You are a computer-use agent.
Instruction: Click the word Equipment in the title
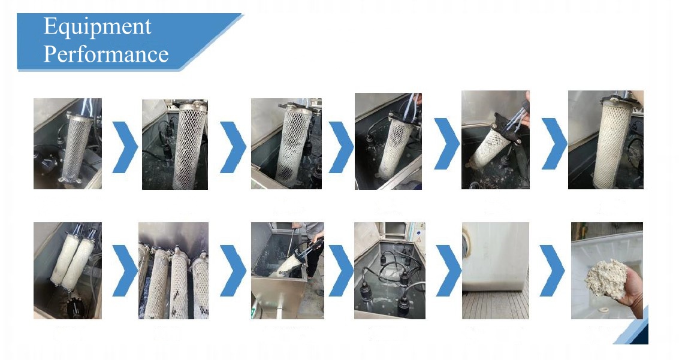tap(98, 27)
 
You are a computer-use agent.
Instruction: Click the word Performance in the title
tap(106, 55)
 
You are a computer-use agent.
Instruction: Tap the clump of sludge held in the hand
tap(606, 278)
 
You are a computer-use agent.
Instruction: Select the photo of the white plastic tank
tap(496, 270)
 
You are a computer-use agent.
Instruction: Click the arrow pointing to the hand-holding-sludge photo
tap(552, 270)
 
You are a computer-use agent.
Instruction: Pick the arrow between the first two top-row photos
tap(125, 147)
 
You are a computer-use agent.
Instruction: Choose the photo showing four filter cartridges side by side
tap(173, 270)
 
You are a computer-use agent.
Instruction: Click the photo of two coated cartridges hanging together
tap(68, 270)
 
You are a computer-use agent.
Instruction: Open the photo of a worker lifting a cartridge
tap(288, 270)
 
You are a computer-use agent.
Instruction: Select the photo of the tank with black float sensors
tap(390, 270)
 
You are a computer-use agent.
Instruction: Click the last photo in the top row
tap(606, 140)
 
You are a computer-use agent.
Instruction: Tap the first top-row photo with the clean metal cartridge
tap(68, 144)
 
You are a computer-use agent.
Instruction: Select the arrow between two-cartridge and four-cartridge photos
tap(125, 270)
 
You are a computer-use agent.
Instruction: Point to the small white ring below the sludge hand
tap(603, 310)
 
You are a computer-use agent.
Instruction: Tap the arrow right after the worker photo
tap(341, 270)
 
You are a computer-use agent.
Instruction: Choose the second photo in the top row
tap(175, 144)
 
